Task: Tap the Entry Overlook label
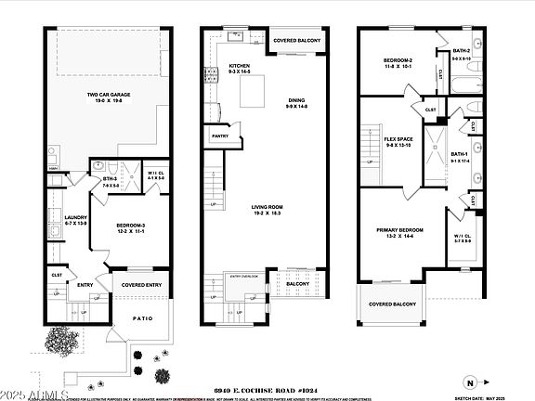pyautogui.click(x=244, y=276)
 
